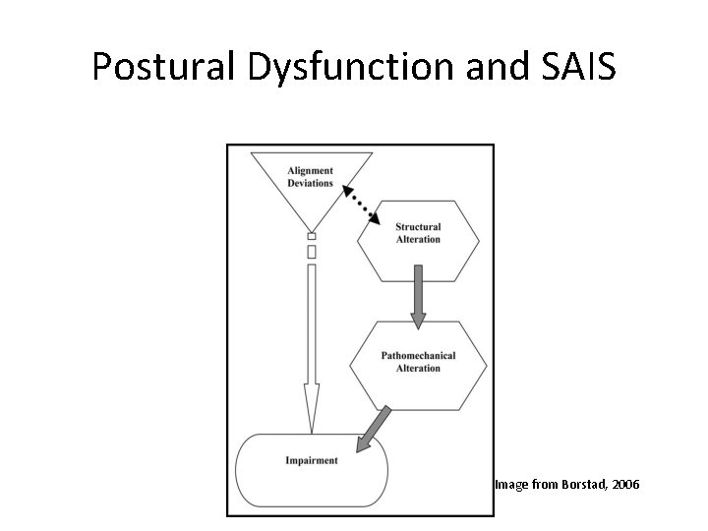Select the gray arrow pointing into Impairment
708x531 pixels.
[373, 428]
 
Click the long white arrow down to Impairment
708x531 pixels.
[312, 344]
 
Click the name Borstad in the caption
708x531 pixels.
[571, 485]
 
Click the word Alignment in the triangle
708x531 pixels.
[311, 171]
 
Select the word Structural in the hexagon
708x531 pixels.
[417, 228]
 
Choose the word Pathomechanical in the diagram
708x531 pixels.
[418, 356]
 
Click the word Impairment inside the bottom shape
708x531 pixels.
[312, 460]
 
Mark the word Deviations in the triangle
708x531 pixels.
[311, 183]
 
